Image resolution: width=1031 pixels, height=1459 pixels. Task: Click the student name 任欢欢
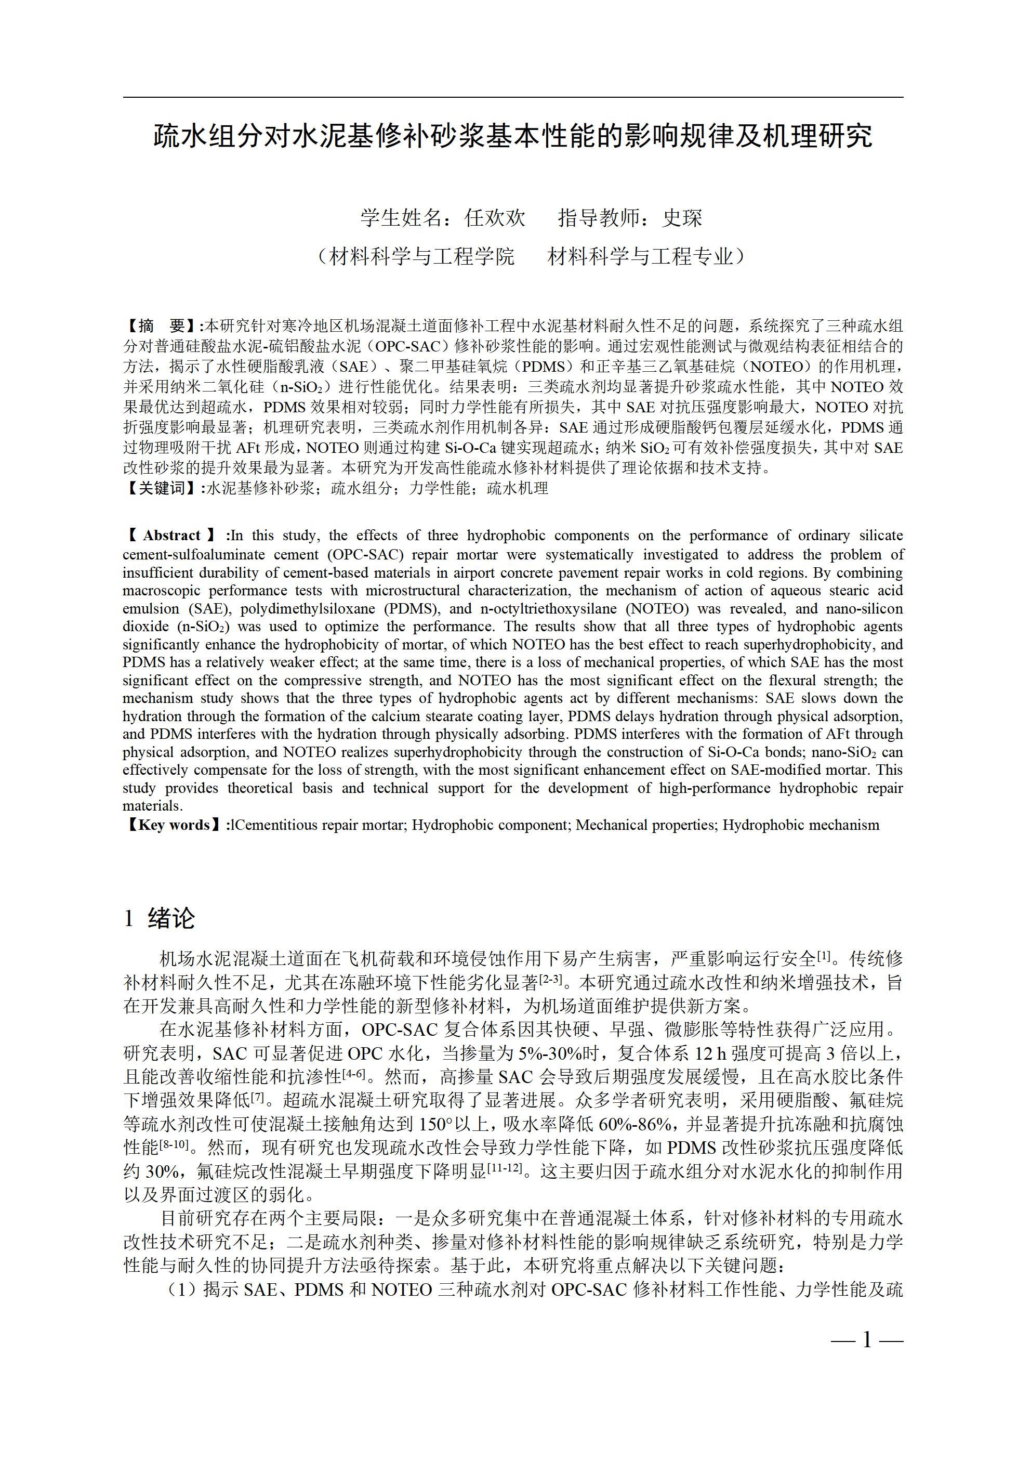[x=495, y=218]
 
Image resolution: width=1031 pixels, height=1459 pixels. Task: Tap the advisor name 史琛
[x=682, y=218]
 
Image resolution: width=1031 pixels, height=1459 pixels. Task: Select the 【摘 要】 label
[x=161, y=327]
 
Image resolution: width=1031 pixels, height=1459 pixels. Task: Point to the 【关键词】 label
[x=161, y=488]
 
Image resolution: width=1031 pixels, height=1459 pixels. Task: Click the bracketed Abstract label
[x=173, y=536]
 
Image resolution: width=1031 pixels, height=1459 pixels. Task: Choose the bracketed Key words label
[x=174, y=825]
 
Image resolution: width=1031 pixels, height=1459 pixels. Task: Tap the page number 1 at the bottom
[x=866, y=1340]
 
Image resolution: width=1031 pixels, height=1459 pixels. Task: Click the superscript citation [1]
[x=824, y=955]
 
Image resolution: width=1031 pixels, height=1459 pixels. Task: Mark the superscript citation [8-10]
[x=175, y=1144]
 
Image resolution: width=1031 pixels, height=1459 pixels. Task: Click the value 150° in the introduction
[x=437, y=1124]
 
